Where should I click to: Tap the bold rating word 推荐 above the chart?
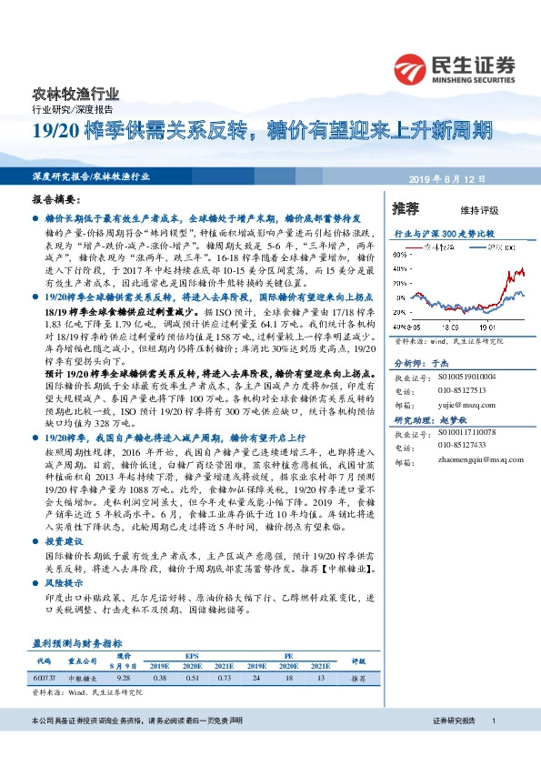pos(406,209)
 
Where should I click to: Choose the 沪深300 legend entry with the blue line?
pos(495,247)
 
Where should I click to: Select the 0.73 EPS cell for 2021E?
pos(224,677)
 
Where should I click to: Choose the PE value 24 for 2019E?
pos(258,677)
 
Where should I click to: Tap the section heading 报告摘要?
pos(53,198)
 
